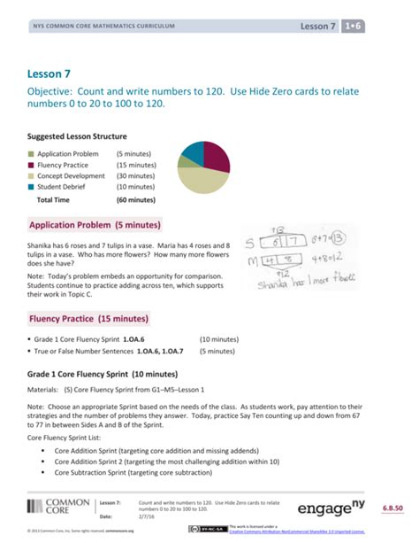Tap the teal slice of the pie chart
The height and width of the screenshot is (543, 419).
point(190,153)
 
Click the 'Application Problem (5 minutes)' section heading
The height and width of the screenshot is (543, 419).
point(95,225)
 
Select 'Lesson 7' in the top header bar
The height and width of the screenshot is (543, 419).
point(319,27)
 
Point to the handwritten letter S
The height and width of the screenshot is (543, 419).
point(250,242)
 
